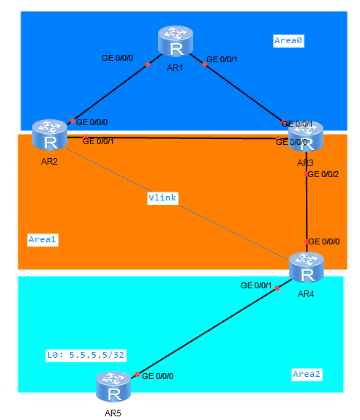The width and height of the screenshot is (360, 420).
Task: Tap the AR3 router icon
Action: [x=306, y=136]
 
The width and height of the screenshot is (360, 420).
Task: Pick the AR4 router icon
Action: [x=307, y=269]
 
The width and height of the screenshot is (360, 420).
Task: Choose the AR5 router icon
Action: [x=113, y=388]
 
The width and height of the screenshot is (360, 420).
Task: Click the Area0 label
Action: [x=288, y=41]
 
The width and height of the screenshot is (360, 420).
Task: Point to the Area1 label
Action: [x=42, y=239]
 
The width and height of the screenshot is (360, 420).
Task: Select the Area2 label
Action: [x=307, y=374]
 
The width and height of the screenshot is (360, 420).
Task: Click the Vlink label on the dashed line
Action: [x=162, y=198]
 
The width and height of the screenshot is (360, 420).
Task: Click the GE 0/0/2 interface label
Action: [x=323, y=174]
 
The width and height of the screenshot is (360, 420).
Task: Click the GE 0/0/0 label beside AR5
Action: [x=157, y=376]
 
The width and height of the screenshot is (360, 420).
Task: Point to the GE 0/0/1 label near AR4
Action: [x=257, y=285]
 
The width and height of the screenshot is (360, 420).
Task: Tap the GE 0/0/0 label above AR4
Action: [x=324, y=241]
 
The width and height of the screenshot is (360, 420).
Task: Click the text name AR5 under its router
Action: [x=113, y=413]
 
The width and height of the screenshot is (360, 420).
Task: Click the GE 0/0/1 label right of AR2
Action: [x=99, y=141]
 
